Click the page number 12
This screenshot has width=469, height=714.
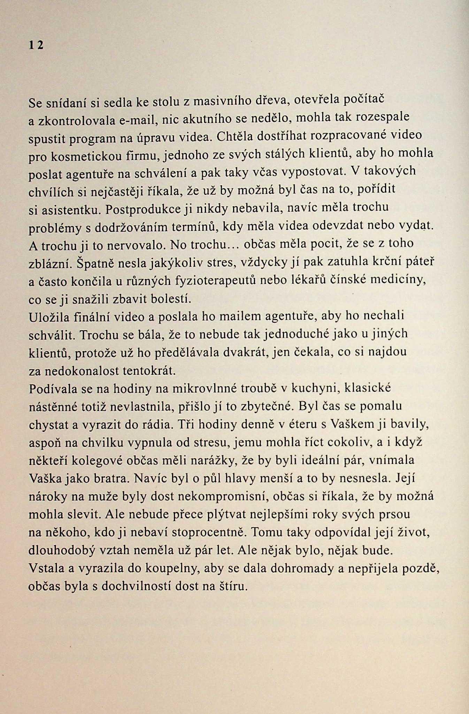36,45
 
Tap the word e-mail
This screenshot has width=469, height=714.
137,121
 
